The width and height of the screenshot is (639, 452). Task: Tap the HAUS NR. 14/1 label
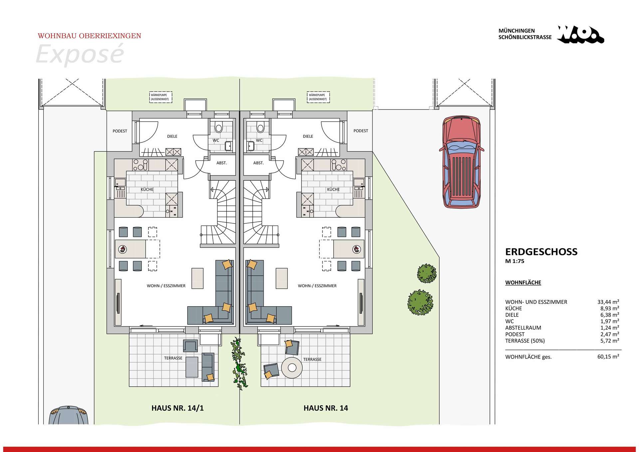click(177, 408)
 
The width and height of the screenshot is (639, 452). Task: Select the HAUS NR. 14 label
click(325, 408)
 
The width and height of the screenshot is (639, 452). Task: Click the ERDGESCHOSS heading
click(541, 252)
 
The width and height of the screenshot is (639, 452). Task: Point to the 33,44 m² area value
click(608, 302)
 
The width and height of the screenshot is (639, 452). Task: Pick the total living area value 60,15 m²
click(608, 356)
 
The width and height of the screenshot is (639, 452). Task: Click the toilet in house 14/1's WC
click(219, 127)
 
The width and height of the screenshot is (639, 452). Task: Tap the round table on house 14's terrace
click(292, 367)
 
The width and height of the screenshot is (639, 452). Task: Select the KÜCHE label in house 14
click(333, 189)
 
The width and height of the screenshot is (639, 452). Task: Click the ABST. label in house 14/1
click(222, 163)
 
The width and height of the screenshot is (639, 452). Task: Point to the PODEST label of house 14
click(361, 131)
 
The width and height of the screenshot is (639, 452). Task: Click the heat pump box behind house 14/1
click(161, 97)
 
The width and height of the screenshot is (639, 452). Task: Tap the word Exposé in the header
click(80, 54)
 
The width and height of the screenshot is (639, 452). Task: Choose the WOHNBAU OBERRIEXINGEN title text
click(90, 36)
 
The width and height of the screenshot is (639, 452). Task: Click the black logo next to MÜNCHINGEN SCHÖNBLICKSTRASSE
click(581, 35)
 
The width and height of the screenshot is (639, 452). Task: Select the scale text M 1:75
click(515, 261)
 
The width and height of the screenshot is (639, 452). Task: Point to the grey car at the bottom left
click(69, 415)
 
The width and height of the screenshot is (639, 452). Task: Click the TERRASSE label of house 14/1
click(173, 358)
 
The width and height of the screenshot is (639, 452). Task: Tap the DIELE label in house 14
click(308, 136)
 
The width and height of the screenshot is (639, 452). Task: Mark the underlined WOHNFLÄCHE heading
click(523, 283)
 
